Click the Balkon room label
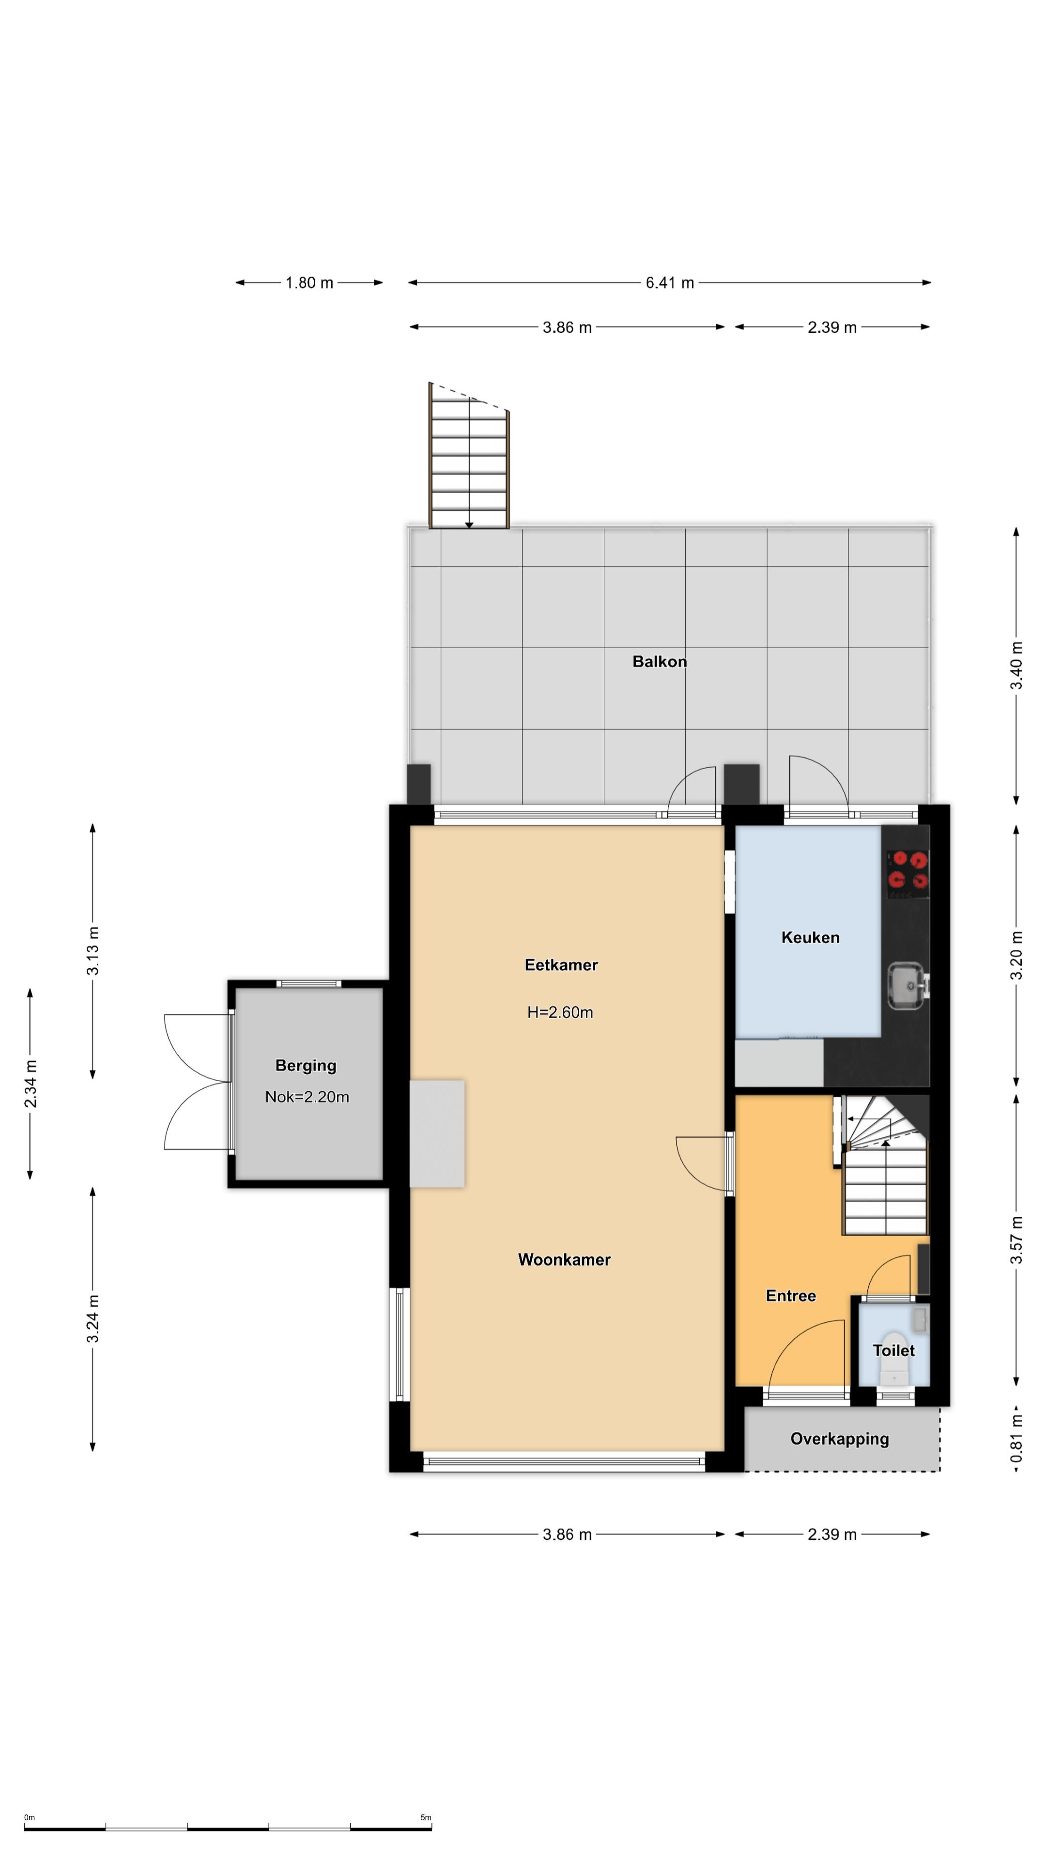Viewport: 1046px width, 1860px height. [659, 661]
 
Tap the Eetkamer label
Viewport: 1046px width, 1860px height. [561, 965]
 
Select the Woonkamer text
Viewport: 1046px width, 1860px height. [564, 1259]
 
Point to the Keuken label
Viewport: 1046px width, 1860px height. [810, 937]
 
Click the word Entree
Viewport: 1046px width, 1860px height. [790, 1295]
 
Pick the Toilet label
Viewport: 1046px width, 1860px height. [893, 1350]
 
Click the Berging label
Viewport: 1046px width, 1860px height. [306, 1066]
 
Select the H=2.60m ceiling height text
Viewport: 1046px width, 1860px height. [560, 1012]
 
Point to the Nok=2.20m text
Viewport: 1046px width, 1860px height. [307, 1097]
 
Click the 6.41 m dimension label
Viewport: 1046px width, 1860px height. [669, 282]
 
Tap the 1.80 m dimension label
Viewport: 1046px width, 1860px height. [309, 282]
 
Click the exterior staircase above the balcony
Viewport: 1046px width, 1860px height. [469, 456]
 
